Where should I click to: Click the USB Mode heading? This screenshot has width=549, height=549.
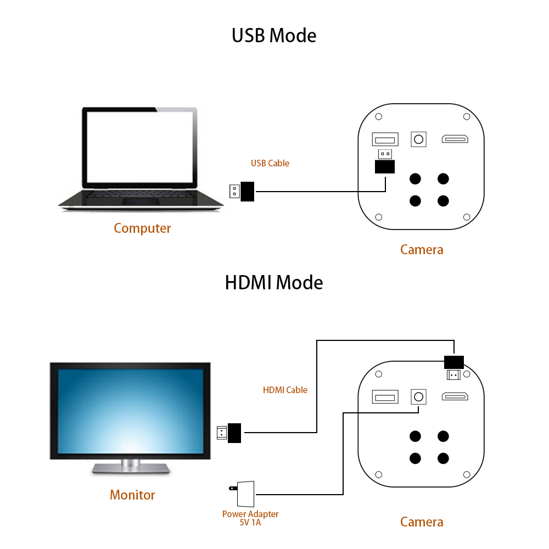274,36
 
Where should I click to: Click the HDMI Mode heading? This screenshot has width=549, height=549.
274,283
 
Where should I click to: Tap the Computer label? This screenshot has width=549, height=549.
142,228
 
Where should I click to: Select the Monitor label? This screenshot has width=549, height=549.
132,495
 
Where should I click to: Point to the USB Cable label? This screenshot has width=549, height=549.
270,163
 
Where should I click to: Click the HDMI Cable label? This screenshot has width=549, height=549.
285,390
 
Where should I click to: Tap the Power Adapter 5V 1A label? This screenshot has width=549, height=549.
250,518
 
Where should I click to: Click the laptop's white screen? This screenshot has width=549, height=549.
139,147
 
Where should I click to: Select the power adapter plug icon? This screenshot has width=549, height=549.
242,494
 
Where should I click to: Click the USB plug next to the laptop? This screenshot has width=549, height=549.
242,192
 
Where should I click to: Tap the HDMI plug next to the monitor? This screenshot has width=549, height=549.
229,433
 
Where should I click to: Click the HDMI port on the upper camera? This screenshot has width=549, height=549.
455,139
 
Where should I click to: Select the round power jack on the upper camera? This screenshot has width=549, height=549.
418,139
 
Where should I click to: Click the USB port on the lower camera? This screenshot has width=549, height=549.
385,397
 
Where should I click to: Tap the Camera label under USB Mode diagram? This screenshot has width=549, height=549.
422,250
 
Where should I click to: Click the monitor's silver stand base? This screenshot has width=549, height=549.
131,468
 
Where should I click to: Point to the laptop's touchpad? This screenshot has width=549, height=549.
141,201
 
